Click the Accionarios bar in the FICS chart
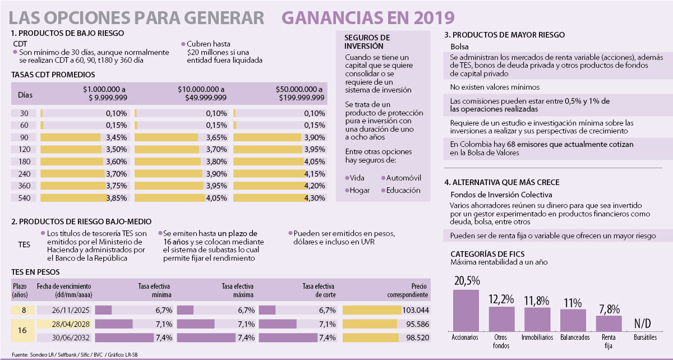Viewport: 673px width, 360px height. click(465, 310)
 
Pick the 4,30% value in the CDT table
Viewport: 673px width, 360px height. click(314, 197)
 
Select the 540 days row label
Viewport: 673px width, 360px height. click(24, 197)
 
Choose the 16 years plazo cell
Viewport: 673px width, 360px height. click(24, 331)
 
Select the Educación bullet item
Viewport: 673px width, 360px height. click(401, 190)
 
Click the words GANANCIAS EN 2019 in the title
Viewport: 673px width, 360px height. click(368, 17)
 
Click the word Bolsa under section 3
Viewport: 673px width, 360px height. click(460, 46)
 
